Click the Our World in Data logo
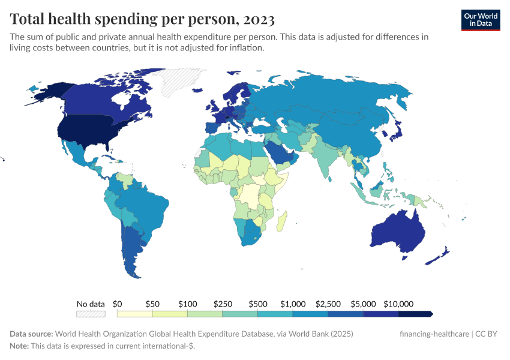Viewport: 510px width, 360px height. coord(480,19)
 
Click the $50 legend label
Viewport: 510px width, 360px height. coord(152,304)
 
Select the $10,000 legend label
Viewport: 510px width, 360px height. coord(399,304)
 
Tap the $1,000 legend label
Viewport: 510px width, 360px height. coord(293,304)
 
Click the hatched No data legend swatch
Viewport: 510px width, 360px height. coord(91,314)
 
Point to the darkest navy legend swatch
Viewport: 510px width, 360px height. coord(415,314)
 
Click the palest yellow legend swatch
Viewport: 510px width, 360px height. coord(134,314)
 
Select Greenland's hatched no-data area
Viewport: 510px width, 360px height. coord(184,81)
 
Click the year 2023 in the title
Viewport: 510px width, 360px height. coord(259,19)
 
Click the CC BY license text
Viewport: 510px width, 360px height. coord(487,334)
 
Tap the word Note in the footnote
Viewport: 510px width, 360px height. coord(19,346)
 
